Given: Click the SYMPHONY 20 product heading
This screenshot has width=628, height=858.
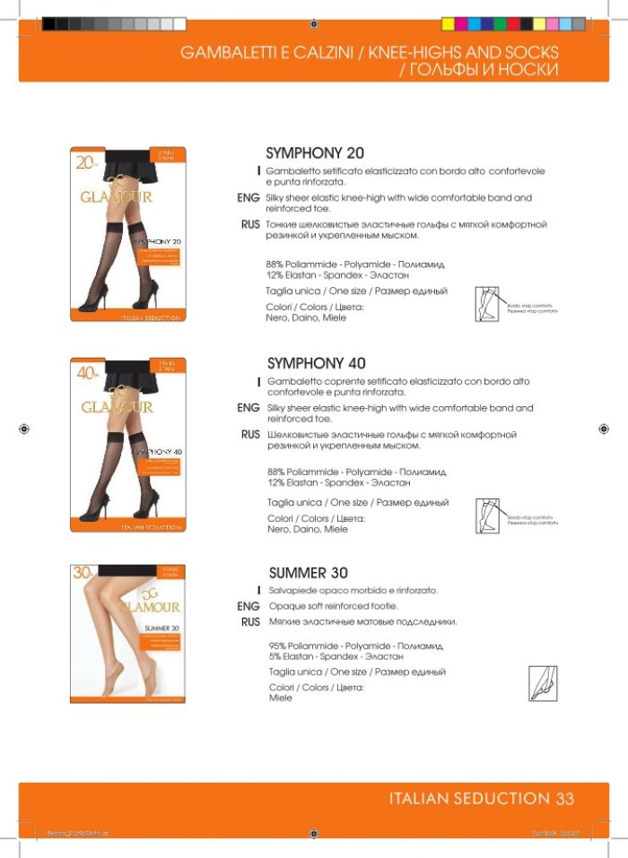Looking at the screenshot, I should pyautogui.click(x=315, y=153).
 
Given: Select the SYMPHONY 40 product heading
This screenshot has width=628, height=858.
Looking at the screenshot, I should pyautogui.click(x=317, y=363).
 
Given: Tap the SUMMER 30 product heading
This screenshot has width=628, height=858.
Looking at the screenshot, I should pyautogui.click(x=309, y=573).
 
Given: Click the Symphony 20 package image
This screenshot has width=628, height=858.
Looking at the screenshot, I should pyautogui.click(x=127, y=234).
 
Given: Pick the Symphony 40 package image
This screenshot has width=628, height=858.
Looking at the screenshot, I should pyautogui.click(x=127, y=446).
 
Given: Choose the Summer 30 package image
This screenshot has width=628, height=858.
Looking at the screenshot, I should pyautogui.click(x=127, y=633).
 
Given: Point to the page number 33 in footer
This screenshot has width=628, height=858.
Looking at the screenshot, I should pyautogui.click(x=565, y=798).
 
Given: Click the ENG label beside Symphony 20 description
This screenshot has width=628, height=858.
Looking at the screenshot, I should pyautogui.click(x=249, y=198).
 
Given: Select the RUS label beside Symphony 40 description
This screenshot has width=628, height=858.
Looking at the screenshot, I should pyautogui.click(x=250, y=435).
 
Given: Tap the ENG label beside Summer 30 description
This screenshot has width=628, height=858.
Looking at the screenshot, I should pyautogui.click(x=249, y=607).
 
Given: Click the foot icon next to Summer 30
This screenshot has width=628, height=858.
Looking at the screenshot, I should pyautogui.click(x=543, y=683).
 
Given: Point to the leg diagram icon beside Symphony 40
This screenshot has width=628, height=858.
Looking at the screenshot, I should pyautogui.click(x=489, y=516).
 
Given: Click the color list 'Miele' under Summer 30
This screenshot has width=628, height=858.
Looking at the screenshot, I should pyautogui.click(x=281, y=698).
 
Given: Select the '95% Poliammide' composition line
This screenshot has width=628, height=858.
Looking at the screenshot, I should pyautogui.click(x=356, y=646).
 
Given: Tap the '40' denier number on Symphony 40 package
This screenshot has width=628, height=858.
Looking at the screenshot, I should pyautogui.click(x=87, y=372).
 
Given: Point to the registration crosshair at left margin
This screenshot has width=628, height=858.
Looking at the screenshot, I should pyautogui.click(x=24, y=429).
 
